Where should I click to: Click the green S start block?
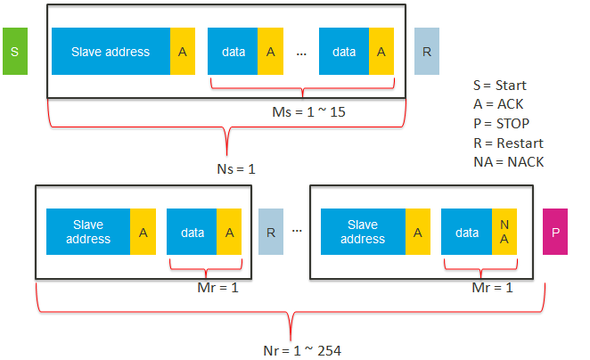(x=15, y=51)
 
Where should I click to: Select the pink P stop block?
(x=554, y=233)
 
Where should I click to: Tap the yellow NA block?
(x=504, y=233)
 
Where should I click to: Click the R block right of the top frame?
(x=427, y=51)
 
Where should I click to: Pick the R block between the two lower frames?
(x=270, y=233)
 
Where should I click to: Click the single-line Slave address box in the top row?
(x=111, y=51)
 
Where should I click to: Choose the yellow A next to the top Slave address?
(x=183, y=51)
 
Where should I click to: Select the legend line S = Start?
(x=500, y=86)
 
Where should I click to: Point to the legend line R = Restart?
(x=508, y=143)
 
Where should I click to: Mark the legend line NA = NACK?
(x=508, y=161)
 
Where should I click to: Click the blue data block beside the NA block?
(x=466, y=233)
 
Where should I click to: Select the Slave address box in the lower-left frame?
(x=88, y=233)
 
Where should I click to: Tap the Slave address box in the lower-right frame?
(x=363, y=233)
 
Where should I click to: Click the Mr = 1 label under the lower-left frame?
(x=217, y=289)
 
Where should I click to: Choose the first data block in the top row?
(x=233, y=51)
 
